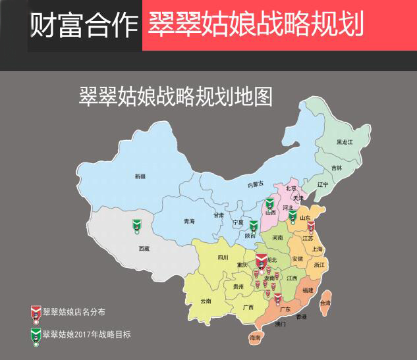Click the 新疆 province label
click(x=140, y=176)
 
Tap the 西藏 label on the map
click(x=144, y=249)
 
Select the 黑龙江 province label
click(x=345, y=141)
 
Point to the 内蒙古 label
click(x=256, y=185)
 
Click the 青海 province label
click(x=189, y=221)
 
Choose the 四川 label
click(x=223, y=257)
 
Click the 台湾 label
click(x=325, y=303)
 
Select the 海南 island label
click(x=255, y=338)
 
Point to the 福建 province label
click(x=308, y=290)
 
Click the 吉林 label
click(x=337, y=168)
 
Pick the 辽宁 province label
click(x=322, y=184)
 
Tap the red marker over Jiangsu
click(x=311, y=228)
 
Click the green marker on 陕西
click(x=254, y=227)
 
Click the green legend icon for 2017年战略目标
click(x=35, y=335)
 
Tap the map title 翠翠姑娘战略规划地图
click(x=175, y=96)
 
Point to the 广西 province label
click(x=248, y=307)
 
